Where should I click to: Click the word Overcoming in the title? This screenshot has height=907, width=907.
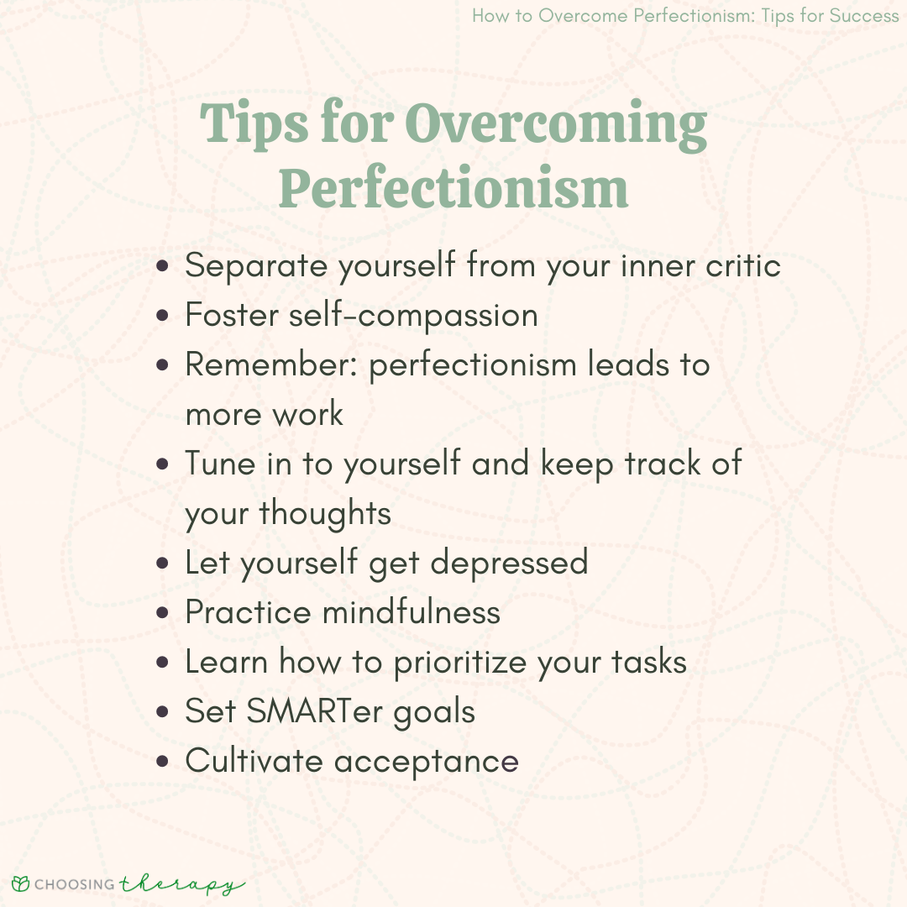pyautogui.click(x=555, y=126)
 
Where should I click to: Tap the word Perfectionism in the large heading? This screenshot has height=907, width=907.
pyautogui.click(x=453, y=189)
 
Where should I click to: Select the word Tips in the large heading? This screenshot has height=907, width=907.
pyautogui.click(x=254, y=125)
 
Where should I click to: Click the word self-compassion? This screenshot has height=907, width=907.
pyautogui.click(x=413, y=315)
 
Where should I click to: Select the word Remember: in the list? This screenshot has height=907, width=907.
pyautogui.click(x=271, y=364)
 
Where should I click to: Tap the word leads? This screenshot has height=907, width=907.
pyautogui.click(x=628, y=364)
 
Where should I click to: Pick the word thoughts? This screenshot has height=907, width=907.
pyautogui.click(x=325, y=513)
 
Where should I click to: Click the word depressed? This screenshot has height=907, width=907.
pyautogui.click(x=509, y=563)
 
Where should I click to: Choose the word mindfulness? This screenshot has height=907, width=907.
pyautogui.click(x=412, y=612)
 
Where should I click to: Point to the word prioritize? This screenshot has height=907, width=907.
pyautogui.click(x=460, y=663)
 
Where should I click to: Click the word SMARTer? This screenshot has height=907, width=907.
pyautogui.click(x=315, y=711)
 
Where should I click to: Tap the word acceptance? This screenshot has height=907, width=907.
pyautogui.click(x=427, y=761)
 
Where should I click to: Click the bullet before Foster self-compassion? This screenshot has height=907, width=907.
pyautogui.click(x=163, y=317)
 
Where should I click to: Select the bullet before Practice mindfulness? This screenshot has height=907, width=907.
pyautogui.click(x=163, y=613)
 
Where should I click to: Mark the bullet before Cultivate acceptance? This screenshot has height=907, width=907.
pyautogui.click(x=163, y=762)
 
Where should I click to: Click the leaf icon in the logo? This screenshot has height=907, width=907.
pyautogui.click(x=21, y=883)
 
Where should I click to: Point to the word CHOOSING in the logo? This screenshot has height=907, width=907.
pyautogui.click(x=75, y=884)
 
